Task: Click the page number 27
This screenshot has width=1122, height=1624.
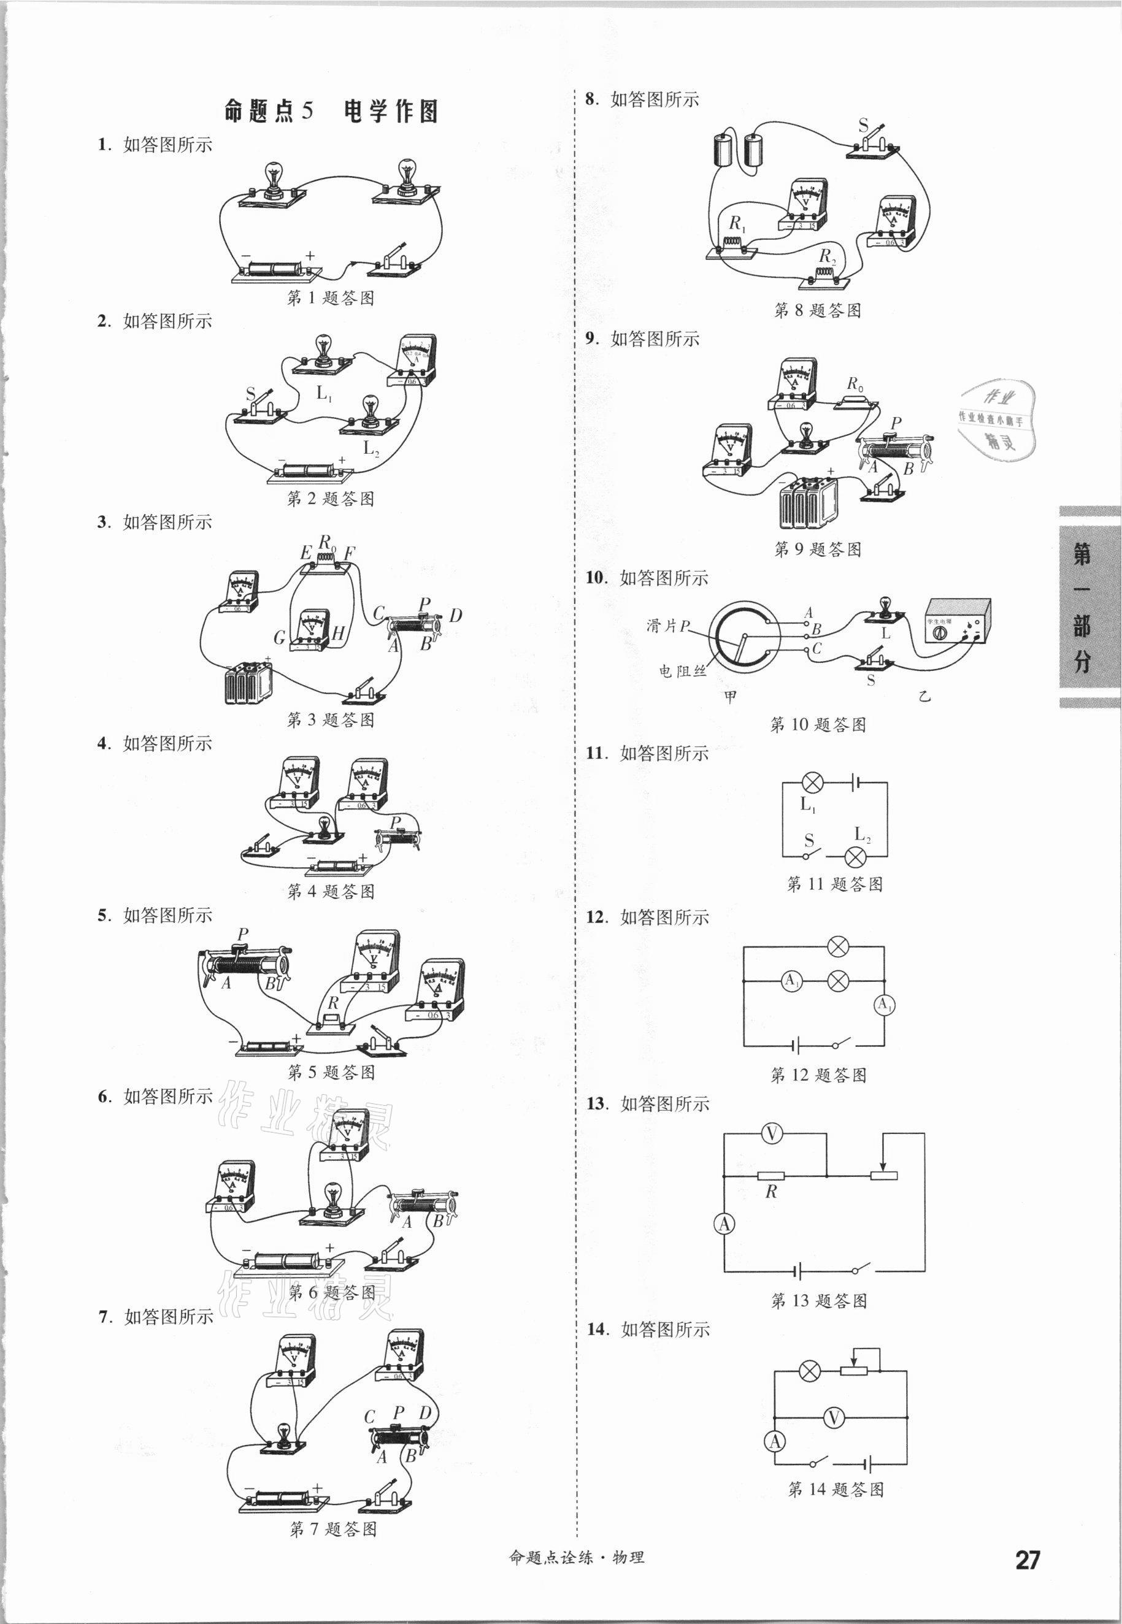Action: click(1027, 1560)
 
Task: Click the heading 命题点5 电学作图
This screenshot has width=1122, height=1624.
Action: click(331, 111)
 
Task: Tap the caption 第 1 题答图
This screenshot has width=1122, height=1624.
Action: click(331, 298)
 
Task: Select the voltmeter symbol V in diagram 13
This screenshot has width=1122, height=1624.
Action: click(771, 1133)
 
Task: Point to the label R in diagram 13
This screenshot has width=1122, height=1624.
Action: click(771, 1192)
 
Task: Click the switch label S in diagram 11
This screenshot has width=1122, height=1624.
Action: click(809, 840)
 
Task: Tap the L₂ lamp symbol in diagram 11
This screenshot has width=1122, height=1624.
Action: click(855, 857)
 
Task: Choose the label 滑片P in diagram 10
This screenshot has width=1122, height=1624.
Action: click(667, 626)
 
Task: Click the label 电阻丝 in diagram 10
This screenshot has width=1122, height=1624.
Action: click(682, 671)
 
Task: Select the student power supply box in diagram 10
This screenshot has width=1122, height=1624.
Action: click(958, 622)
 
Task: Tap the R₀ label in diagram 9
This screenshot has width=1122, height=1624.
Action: click(855, 385)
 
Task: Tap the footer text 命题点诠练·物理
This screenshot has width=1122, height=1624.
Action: click(576, 1557)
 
